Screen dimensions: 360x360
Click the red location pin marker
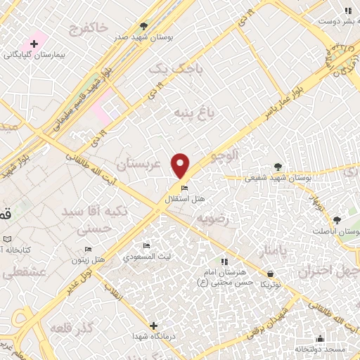181,165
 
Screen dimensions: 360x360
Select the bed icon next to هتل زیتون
88,249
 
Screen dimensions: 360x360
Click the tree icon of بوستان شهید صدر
144,25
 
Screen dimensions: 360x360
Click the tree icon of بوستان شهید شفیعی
278,166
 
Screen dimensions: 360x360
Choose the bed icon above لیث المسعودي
146,245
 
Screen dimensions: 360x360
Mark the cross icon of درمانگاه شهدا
154,325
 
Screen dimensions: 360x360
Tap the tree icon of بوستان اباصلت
335,220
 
